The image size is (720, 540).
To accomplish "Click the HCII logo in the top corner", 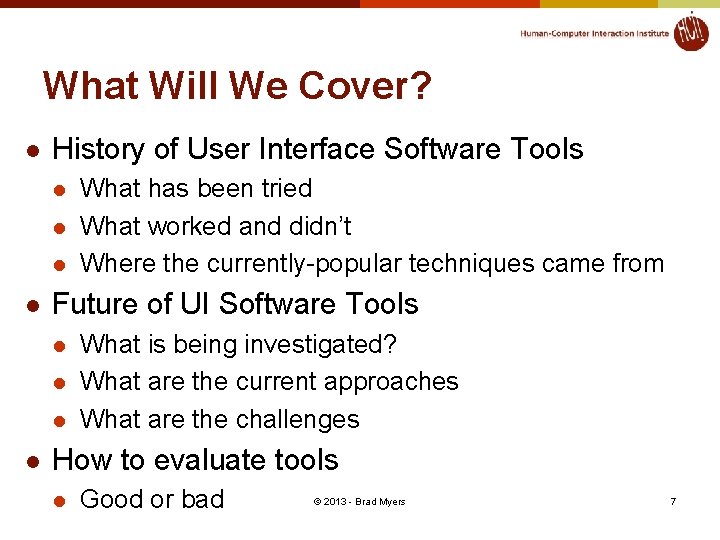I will pos(690,31).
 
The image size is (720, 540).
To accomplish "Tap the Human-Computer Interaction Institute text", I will pos(594,34).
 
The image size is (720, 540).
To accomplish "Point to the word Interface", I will pos(312,150).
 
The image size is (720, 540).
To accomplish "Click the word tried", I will pos(285,188).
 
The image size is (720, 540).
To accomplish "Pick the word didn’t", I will pos(320,226).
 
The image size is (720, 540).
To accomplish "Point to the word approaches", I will pos(396,382).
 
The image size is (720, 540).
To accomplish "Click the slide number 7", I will pos(673,501).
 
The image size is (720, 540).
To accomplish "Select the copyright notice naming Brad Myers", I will pos(359,501).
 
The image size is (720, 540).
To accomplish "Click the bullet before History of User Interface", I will pos(33,151).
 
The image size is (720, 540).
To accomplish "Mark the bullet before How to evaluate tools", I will pos(33,461).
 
